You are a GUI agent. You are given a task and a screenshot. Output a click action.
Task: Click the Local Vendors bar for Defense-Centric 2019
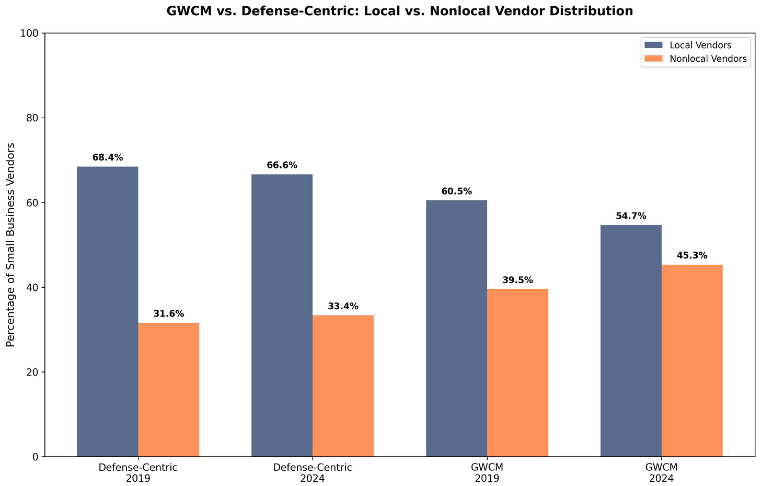tap(108, 311)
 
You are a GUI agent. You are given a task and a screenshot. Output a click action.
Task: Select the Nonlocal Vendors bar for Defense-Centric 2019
tap(168, 390)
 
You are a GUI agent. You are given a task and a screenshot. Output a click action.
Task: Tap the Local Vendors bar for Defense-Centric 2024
tap(282, 315)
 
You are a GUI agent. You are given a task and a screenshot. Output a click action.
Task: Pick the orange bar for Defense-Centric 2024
tap(343, 386)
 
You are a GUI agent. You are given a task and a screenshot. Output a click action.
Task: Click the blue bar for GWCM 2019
tap(456, 329)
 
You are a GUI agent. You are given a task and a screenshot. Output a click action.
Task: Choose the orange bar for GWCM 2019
tap(517, 372)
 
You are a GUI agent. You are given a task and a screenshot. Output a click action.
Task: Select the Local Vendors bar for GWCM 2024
tap(631, 341)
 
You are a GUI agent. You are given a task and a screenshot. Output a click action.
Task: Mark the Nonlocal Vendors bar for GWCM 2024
tap(692, 360)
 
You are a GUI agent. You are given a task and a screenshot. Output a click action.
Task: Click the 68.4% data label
tap(108, 157)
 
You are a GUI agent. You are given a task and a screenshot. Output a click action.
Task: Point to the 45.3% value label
tap(692, 256)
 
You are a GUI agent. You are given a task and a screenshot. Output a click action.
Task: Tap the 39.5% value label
tap(517, 280)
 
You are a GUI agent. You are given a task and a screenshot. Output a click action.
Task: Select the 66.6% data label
tap(282, 165)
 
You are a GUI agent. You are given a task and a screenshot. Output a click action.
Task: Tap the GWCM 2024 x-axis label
tap(661, 472)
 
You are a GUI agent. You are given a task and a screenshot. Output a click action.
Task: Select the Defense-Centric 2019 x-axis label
tap(138, 472)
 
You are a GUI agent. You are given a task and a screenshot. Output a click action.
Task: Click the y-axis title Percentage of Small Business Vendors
tap(10, 245)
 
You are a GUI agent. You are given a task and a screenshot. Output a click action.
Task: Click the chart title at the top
tap(400, 11)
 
